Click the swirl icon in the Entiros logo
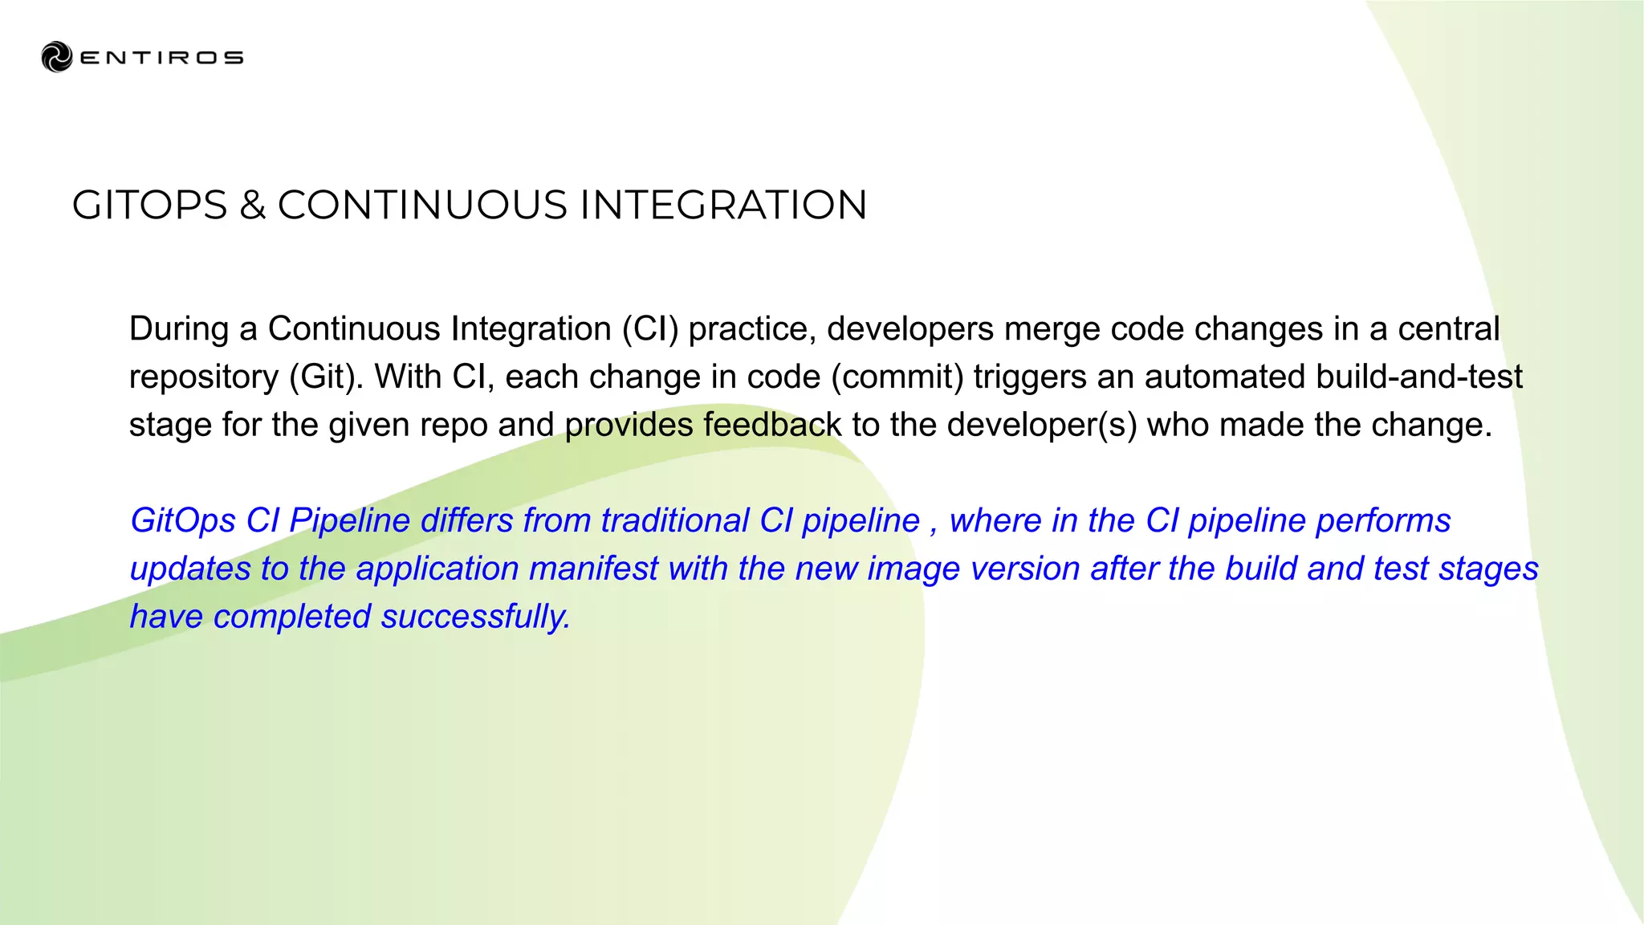coord(56,57)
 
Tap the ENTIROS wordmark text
coord(161,58)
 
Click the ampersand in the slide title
coord(252,206)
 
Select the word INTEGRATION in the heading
coord(722,206)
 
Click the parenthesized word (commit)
coord(897,377)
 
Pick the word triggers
coord(1029,377)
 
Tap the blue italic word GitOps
coord(182,521)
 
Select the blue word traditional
coord(674,521)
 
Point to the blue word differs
coord(466,521)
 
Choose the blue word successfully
coord(475,617)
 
